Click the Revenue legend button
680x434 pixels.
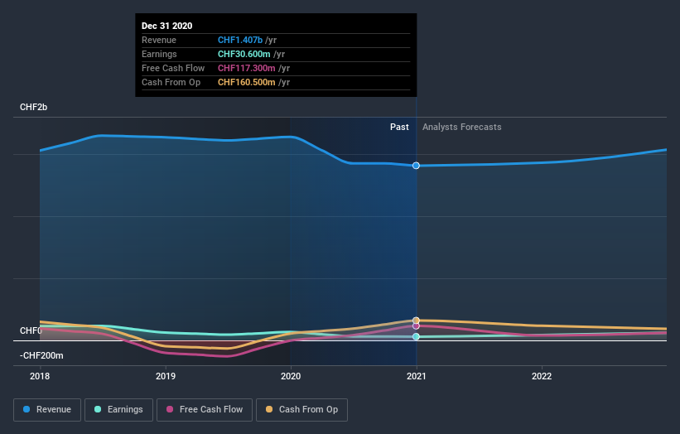point(47,409)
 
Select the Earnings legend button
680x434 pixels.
point(119,409)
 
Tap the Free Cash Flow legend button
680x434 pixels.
point(205,409)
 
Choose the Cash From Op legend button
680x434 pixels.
point(301,409)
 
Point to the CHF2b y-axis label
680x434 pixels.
point(34,108)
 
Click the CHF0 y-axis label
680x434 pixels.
point(31,330)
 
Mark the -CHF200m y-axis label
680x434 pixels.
point(41,355)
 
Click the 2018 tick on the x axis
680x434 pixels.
point(40,376)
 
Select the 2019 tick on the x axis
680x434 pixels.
point(165,376)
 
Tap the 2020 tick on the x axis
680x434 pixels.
point(291,376)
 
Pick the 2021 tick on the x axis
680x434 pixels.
point(416,376)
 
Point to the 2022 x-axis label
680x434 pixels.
point(542,376)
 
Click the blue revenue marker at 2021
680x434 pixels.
point(416,166)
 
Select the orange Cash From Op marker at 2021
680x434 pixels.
point(416,320)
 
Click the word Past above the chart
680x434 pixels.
point(399,127)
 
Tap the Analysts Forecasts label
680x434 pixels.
point(461,127)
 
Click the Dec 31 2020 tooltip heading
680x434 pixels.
point(166,26)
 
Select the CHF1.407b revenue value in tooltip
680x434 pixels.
point(240,40)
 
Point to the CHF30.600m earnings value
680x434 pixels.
point(244,54)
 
